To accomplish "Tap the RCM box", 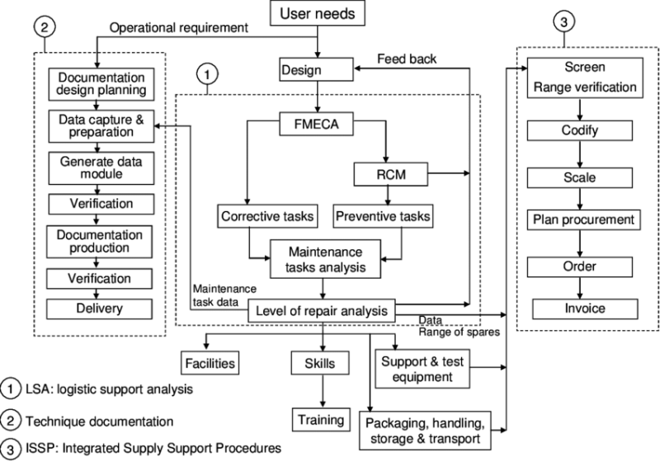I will click(x=386, y=174).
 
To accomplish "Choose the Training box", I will click(x=320, y=419).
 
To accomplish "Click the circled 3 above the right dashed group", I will click(x=565, y=18).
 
